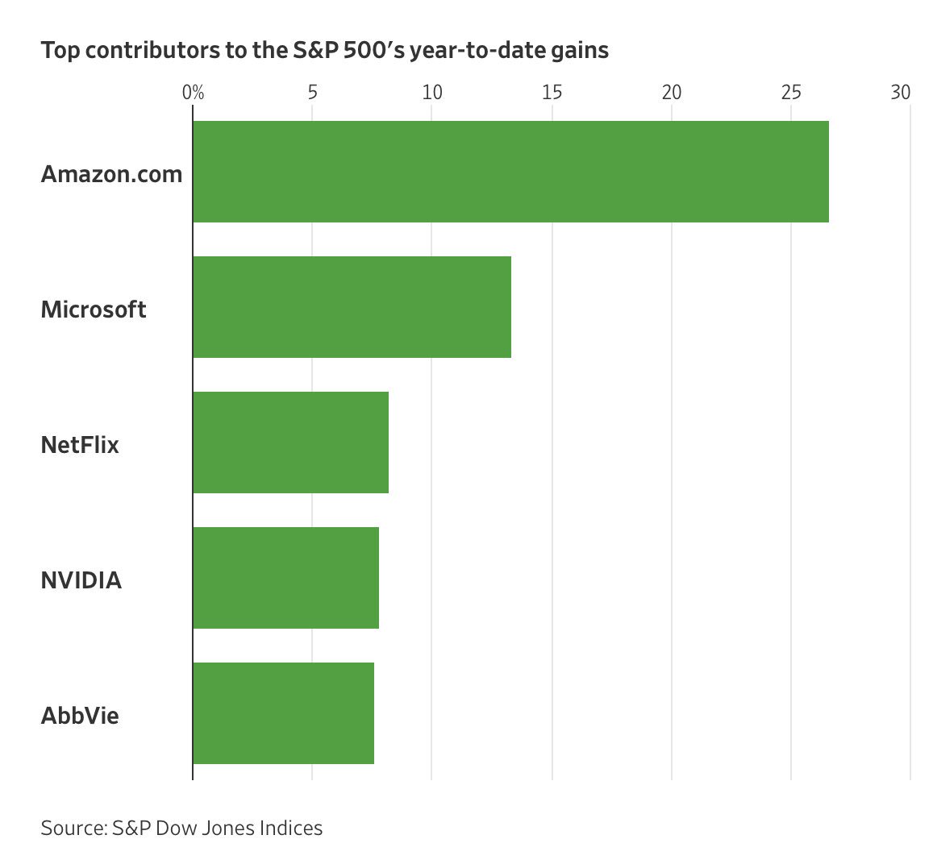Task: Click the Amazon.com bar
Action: (510, 172)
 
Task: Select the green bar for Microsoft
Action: (352, 307)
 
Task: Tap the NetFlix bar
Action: (290, 442)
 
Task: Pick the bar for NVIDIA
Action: (285, 578)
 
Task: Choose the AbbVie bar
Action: (283, 713)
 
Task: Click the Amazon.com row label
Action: (111, 174)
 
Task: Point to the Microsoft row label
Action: (94, 310)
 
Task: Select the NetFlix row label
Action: (80, 445)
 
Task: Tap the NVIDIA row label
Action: (81, 580)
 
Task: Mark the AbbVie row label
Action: (80, 716)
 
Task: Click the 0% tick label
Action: (193, 93)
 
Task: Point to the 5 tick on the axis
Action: (312, 93)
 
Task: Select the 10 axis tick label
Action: (432, 93)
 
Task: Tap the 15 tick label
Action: (552, 93)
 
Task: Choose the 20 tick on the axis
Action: (672, 93)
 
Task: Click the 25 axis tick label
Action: (791, 93)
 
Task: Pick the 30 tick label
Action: (901, 93)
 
